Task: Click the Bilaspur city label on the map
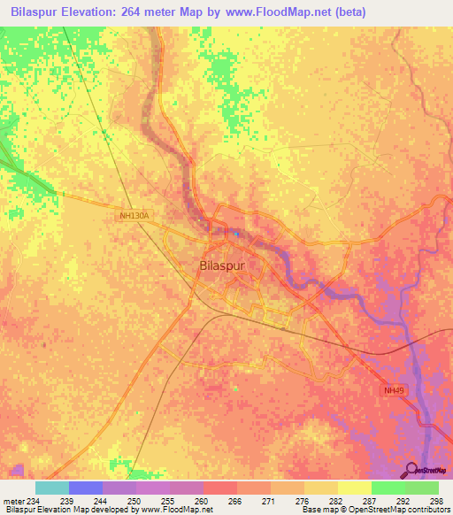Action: [221, 265]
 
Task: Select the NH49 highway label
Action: [395, 389]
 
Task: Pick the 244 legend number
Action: [102, 502]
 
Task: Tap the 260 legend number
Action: [202, 502]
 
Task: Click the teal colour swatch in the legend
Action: [51, 488]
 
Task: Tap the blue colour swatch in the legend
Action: [85, 488]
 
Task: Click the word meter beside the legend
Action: [12, 502]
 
